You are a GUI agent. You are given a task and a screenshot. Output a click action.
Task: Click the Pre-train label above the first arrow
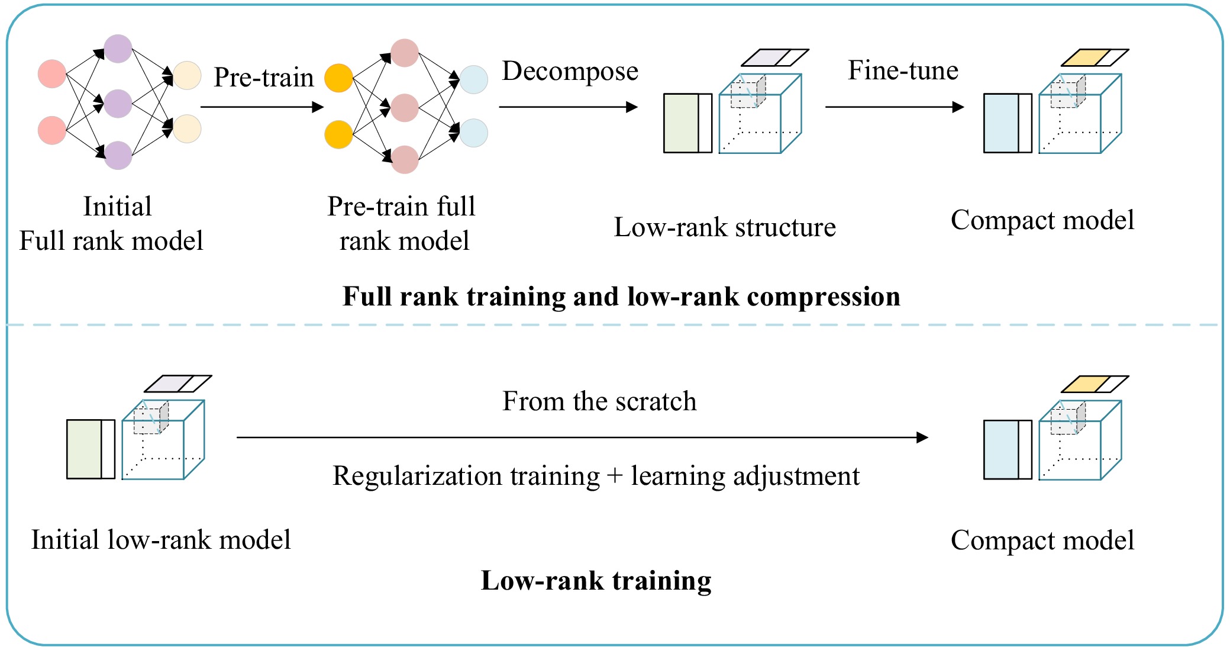[263, 78]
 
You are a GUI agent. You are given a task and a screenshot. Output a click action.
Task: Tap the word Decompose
[570, 72]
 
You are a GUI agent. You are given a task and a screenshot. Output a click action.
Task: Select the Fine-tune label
[903, 70]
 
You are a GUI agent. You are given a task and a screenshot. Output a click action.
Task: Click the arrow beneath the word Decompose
[568, 107]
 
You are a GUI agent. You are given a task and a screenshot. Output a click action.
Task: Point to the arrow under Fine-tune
[894, 107]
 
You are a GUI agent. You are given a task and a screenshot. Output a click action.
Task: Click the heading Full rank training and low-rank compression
[621, 297]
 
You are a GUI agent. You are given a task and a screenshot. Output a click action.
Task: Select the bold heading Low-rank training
[596, 580]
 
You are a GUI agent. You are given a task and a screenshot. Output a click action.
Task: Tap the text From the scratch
[599, 401]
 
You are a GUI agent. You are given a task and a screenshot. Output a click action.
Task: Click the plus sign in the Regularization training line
[615, 476]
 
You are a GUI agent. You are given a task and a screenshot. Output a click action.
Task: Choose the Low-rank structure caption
[725, 227]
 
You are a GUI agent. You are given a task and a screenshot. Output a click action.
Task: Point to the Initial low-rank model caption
[161, 540]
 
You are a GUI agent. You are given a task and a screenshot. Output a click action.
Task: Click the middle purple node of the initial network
[118, 104]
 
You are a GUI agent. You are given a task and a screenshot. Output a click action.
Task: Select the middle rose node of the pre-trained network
[405, 108]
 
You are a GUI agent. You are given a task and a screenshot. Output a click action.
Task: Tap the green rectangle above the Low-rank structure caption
[681, 123]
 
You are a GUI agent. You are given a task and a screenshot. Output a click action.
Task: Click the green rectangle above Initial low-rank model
[84, 449]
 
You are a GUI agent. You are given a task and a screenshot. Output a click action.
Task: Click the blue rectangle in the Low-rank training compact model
[1000, 449]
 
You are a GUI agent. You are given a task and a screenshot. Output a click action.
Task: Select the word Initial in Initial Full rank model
[118, 207]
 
